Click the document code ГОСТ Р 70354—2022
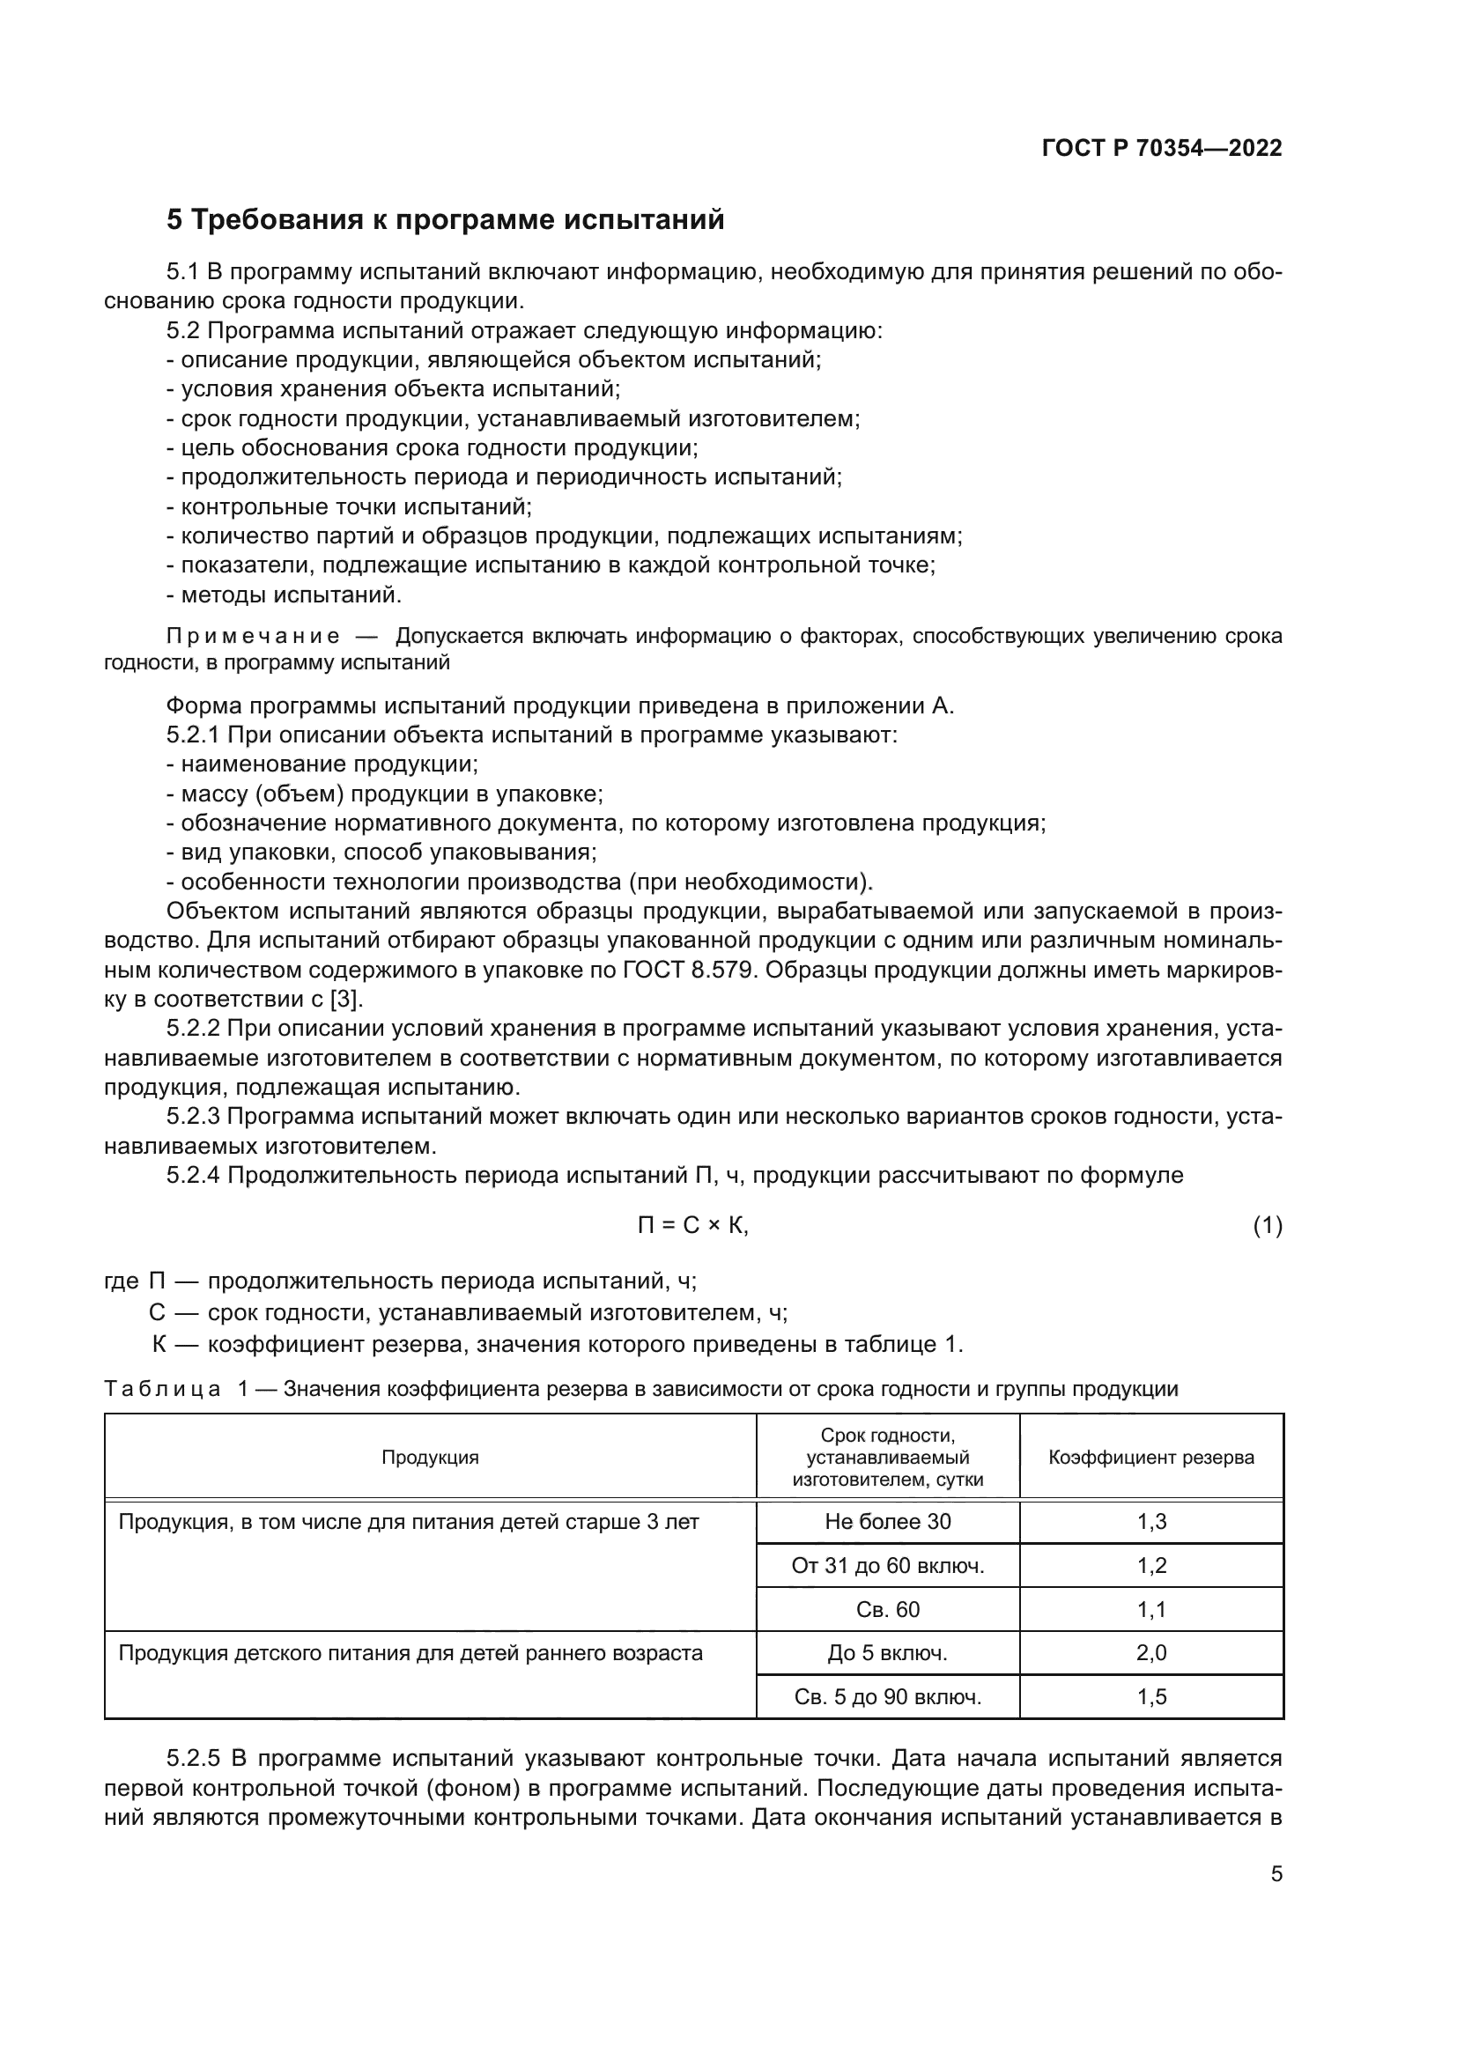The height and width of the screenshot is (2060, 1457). pyautogui.click(x=1161, y=149)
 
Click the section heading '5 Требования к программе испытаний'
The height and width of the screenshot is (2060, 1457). pyautogui.click(x=445, y=220)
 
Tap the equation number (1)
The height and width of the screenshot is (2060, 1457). pyautogui.click(x=1267, y=1226)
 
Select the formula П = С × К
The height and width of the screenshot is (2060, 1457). pyautogui.click(x=692, y=1226)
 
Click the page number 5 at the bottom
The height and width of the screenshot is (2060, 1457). pyautogui.click(x=1276, y=1874)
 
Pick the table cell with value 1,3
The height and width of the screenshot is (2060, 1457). pyautogui.click(x=1151, y=1522)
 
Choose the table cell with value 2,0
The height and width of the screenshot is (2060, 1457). pyautogui.click(x=1151, y=1652)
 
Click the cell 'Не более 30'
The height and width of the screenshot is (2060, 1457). pyautogui.click(x=887, y=1522)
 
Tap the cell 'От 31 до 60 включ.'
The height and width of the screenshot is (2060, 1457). pyautogui.click(x=887, y=1566)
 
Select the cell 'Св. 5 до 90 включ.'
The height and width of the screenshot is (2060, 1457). pyautogui.click(x=887, y=1696)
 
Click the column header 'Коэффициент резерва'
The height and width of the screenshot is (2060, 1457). pyautogui.click(x=1151, y=1457)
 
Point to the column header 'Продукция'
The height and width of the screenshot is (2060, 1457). pyautogui.click(x=430, y=1457)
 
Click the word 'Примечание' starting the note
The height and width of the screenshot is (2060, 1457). pyautogui.click(x=252, y=637)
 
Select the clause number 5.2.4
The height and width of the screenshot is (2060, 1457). pyautogui.click(x=193, y=1176)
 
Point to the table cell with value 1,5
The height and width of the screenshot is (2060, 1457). pyautogui.click(x=1151, y=1696)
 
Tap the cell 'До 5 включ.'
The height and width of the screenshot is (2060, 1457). pyautogui.click(x=887, y=1652)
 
